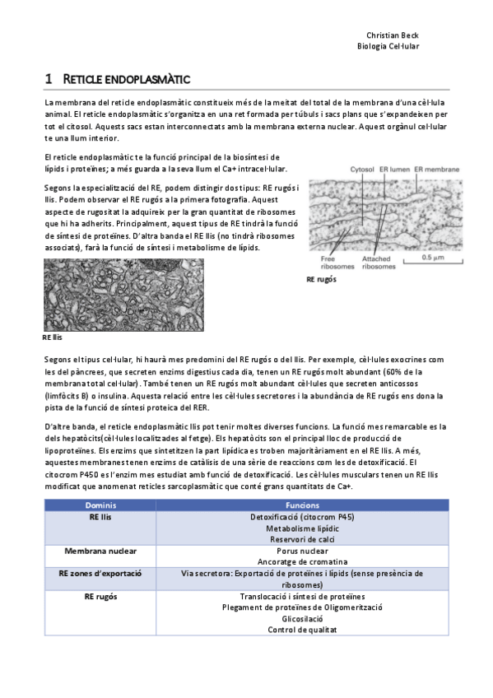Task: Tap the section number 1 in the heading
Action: [x=49, y=79]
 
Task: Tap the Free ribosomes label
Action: [x=333, y=262]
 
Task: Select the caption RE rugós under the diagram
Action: [x=321, y=280]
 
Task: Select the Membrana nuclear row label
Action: [x=100, y=527]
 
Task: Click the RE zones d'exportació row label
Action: [x=100, y=550]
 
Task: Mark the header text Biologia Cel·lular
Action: [x=388, y=47]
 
